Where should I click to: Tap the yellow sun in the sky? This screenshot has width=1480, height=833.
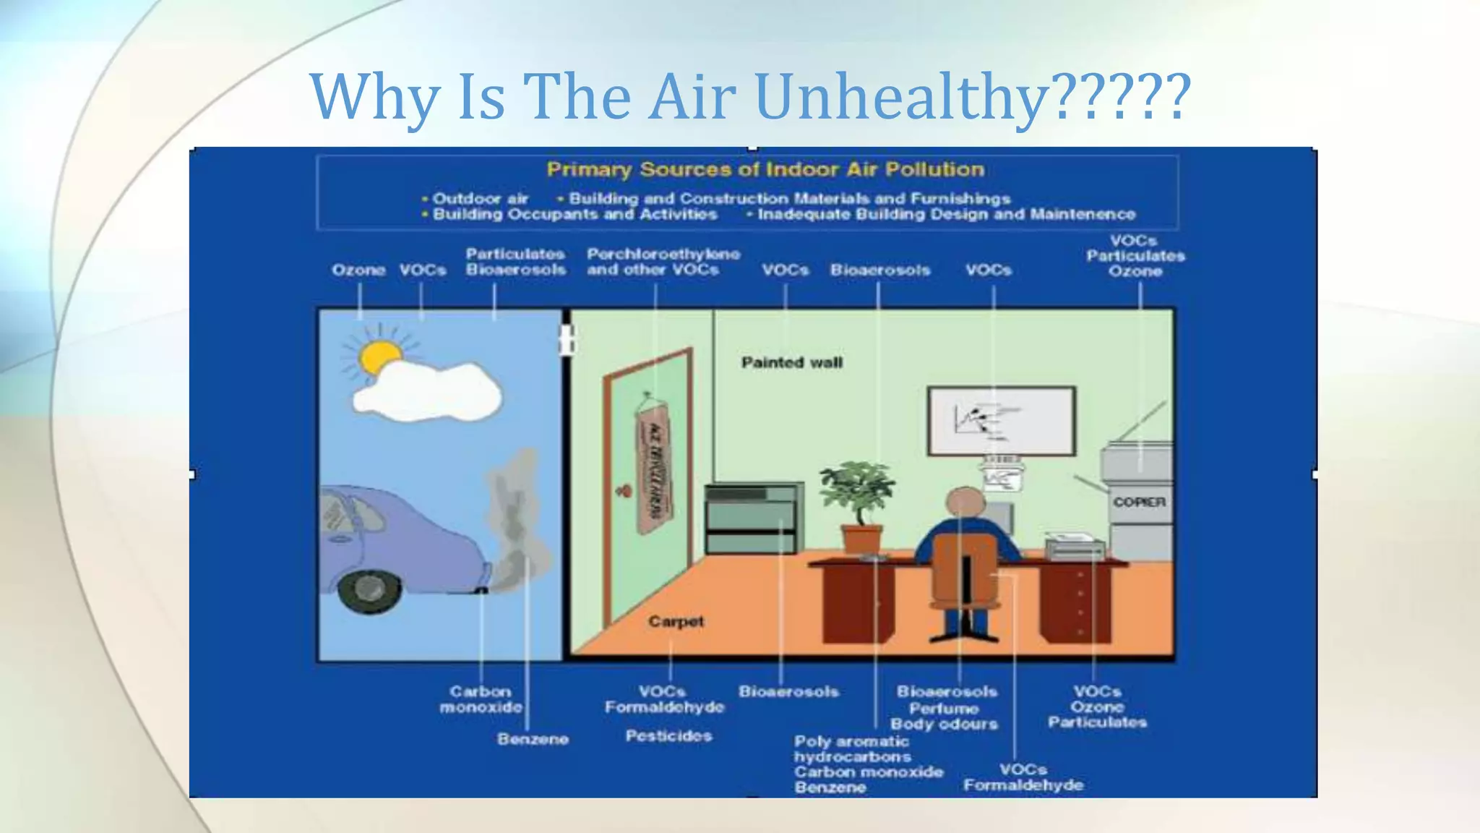point(379,356)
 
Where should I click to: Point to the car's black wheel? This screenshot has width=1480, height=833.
point(369,590)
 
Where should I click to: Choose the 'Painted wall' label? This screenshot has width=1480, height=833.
point(791,362)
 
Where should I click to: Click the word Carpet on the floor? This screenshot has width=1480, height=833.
point(676,621)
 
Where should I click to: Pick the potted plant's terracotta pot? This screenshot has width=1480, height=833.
point(861,539)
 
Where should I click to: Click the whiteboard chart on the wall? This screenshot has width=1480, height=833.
point(1001,421)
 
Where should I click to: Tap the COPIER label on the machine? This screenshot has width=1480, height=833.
point(1139,502)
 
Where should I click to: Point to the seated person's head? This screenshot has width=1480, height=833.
point(965,501)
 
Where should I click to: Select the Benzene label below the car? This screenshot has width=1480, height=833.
point(533,739)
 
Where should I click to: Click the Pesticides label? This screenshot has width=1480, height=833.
point(668,736)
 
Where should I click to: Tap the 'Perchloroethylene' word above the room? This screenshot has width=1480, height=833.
point(663,254)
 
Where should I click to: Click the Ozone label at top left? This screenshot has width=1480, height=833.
point(358,270)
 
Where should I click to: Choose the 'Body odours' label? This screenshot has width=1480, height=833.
point(944,724)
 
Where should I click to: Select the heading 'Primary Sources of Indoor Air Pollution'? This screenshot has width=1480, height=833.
point(765,170)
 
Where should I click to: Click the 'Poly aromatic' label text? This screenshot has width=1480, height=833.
point(851,741)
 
